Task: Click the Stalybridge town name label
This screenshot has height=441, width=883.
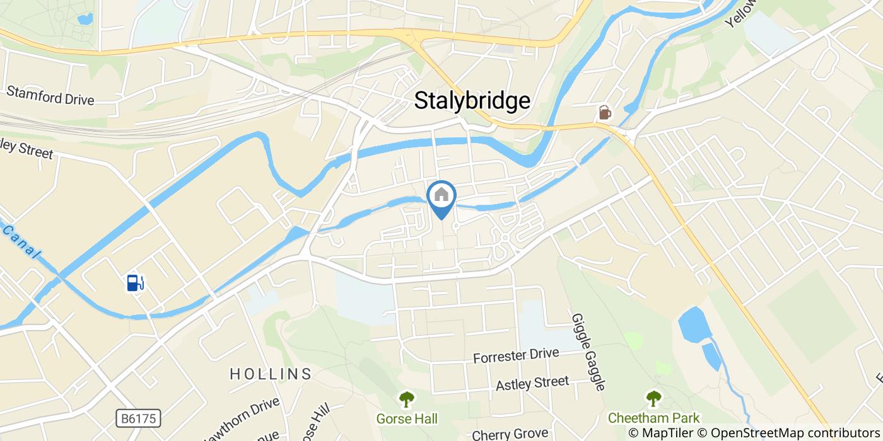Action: click(x=472, y=101)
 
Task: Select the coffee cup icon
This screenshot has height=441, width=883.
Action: click(x=604, y=113)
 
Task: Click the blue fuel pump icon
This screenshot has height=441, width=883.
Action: click(x=135, y=283)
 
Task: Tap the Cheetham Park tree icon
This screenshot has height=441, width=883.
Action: click(x=653, y=399)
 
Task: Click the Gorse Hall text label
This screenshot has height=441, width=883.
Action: click(x=407, y=418)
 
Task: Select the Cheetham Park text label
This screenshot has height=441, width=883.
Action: click(x=653, y=418)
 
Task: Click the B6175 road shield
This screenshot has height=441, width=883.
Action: click(x=139, y=418)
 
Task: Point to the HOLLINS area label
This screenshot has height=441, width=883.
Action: click(x=271, y=374)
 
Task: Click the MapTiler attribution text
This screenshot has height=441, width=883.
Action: click(x=662, y=433)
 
